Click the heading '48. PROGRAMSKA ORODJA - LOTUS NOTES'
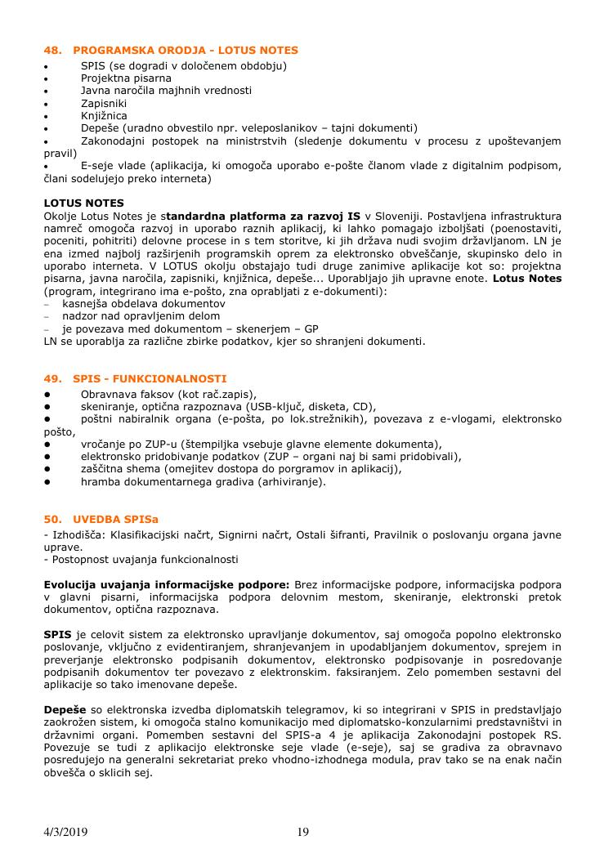[171, 51]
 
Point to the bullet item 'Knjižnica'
[105, 115]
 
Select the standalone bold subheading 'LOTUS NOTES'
[83, 203]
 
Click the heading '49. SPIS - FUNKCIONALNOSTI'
[135, 379]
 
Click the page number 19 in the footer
[303, 832]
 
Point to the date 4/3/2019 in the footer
[65, 832]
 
